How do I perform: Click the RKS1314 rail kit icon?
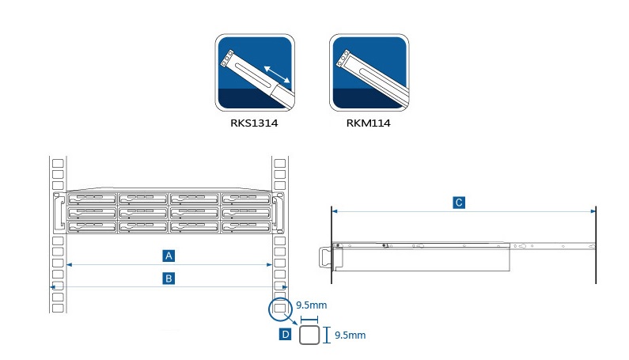click(255, 73)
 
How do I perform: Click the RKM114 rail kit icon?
click(369, 73)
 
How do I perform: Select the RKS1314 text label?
click(254, 123)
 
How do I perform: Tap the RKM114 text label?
click(368, 123)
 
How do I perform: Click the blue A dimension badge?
click(169, 256)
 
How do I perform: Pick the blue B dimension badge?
click(169, 279)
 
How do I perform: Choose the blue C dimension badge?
click(459, 203)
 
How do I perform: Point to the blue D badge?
click(285, 334)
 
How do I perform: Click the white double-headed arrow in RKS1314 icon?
click(277, 74)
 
